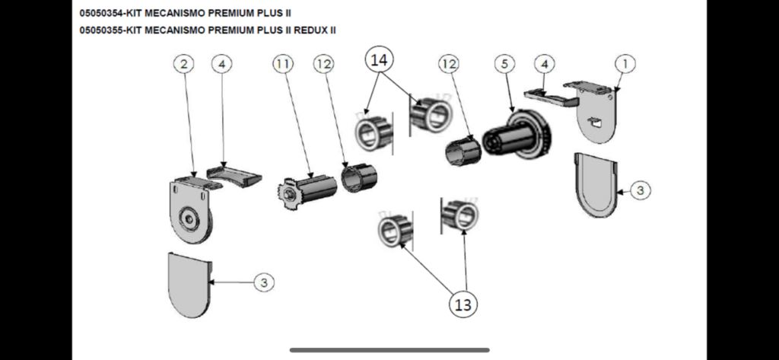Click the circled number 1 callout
click(624, 64)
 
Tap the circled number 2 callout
click(183, 64)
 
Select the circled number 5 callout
click(504, 64)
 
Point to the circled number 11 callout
click(283, 64)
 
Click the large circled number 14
click(379, 59)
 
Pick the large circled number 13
click(463, 304)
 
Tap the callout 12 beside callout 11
click(324, 64)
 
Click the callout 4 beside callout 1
click(543, 64)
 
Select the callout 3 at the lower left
click(263, 282)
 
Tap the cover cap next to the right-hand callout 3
click(594, 183)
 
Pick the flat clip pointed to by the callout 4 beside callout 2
click(235, 174)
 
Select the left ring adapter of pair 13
click(394, 231)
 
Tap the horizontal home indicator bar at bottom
click(389, 350)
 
